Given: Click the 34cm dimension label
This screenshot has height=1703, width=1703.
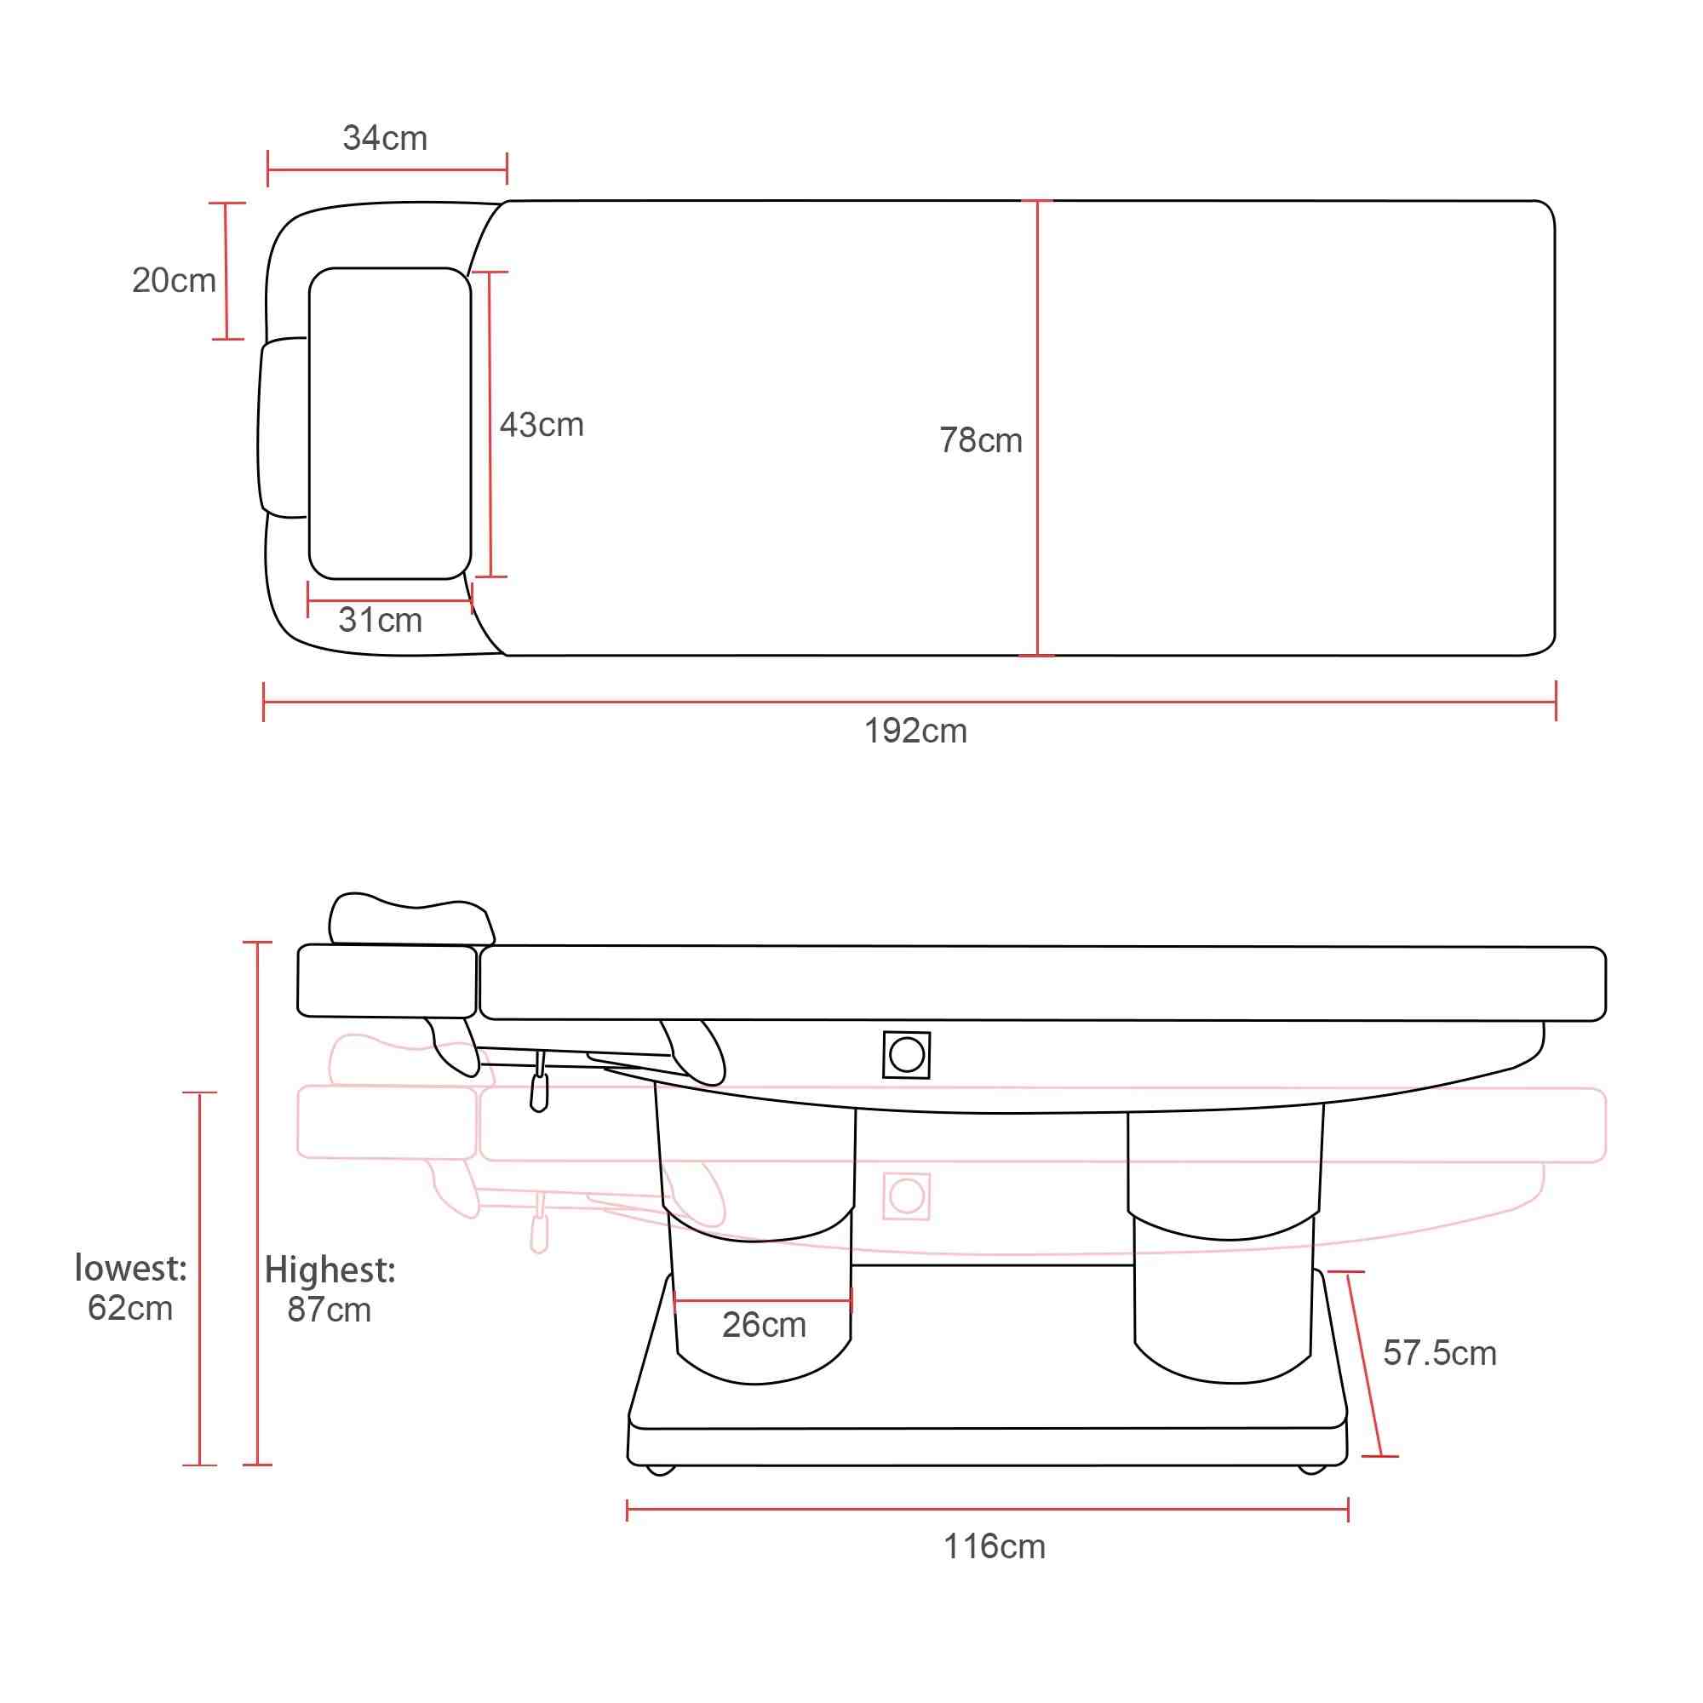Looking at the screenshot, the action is [x=385, y=139].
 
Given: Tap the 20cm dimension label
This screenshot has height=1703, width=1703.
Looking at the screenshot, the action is [x=174, y=280].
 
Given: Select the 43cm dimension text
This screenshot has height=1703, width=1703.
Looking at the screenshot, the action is [x=542, y=425].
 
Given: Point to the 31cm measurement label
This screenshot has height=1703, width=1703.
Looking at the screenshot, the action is [x=380, y=620].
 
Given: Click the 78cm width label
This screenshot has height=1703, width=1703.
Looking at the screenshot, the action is [x=980, y=440].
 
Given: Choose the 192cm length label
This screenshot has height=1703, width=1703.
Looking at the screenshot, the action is [x=915, y=731].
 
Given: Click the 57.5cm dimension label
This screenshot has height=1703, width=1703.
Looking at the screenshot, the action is [x=1439, y=1353].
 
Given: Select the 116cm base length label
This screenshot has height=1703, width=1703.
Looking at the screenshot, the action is [x=994, y=1547].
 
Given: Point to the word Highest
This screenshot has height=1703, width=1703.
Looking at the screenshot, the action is [x=330, y=1271].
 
